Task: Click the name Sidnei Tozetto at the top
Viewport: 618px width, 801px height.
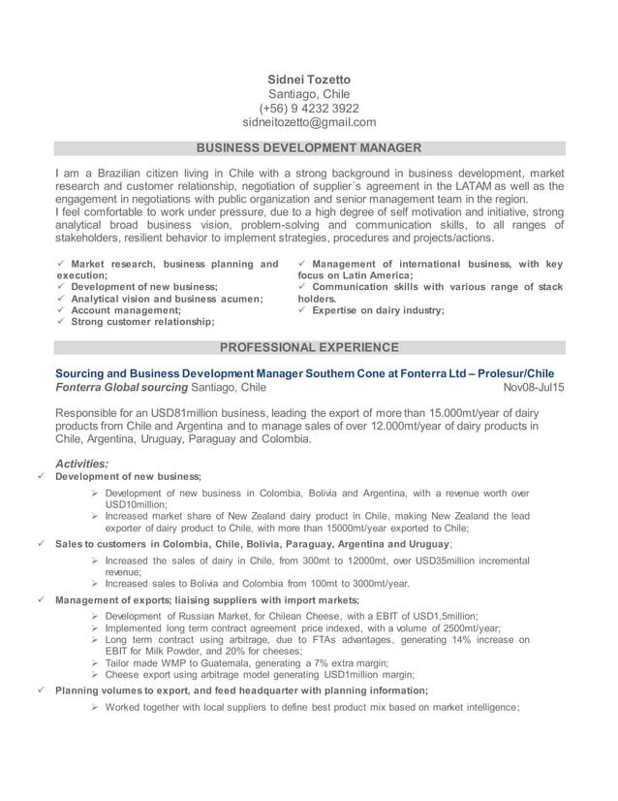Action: pos(309,79)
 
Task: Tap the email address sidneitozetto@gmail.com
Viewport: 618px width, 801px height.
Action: pos(309,122)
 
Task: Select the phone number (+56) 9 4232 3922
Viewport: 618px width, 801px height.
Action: pos(309,108)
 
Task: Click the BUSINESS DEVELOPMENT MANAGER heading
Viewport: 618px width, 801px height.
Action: pos(309,148)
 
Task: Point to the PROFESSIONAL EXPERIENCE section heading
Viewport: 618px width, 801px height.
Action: pos(309,347)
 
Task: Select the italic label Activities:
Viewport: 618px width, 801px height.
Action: pos(82,464)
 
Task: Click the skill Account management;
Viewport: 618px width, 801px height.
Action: pos(126,310)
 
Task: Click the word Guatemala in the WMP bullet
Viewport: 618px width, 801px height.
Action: pos(239,662)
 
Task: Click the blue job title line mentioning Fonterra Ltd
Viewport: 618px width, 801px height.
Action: pos(304,372)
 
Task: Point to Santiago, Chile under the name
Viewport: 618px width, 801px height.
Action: pos(309,93)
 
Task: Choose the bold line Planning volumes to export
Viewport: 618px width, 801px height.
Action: pos(241,690)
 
